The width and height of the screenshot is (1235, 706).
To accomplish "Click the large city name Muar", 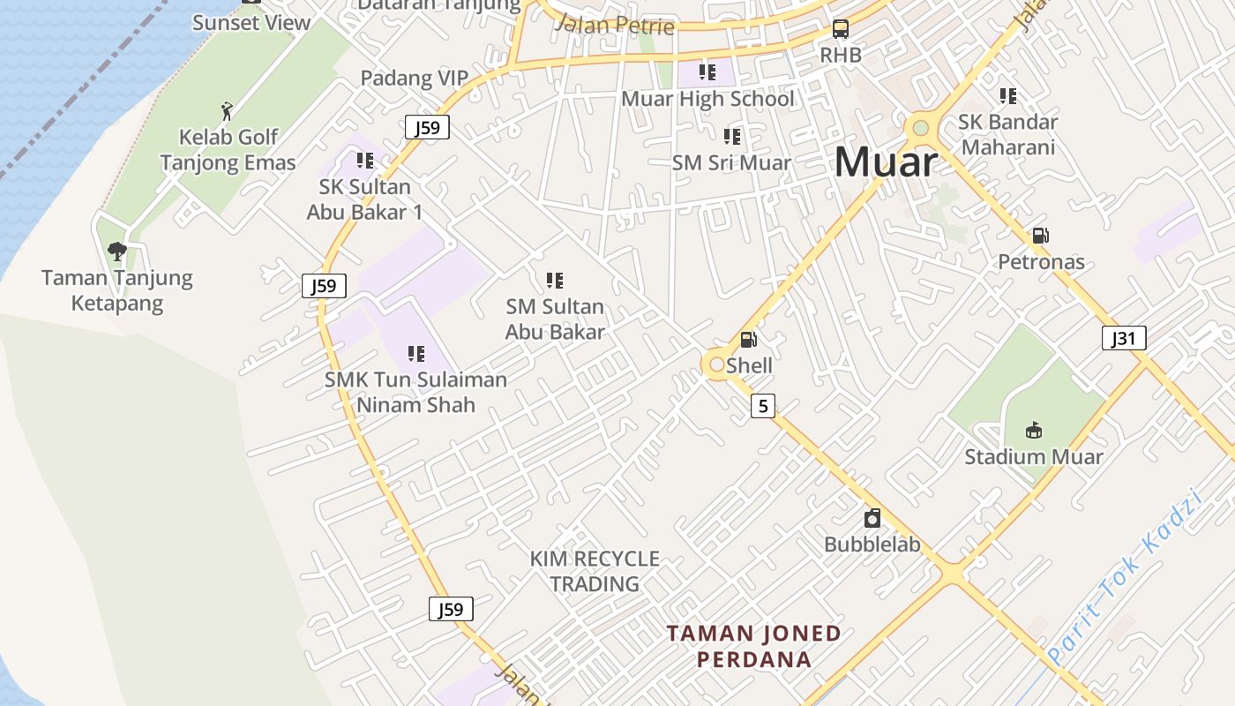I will (885, 161).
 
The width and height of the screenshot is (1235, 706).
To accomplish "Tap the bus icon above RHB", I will (841, 29).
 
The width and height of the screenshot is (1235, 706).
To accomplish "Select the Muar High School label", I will (707, 99).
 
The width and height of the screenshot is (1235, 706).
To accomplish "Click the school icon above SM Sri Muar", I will (732, 137).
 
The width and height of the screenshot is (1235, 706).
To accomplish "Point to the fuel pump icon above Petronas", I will (1041, 236).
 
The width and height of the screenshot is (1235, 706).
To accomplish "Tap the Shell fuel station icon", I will (748, 340).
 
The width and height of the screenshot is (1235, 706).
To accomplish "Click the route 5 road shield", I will (763, 406).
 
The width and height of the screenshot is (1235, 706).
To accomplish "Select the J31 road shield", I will (1124, 337).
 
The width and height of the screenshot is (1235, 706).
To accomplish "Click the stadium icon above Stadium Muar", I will (1034, 431).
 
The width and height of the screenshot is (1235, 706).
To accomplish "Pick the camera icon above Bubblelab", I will (872, 518).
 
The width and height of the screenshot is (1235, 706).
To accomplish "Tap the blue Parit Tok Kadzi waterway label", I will (1126, 578).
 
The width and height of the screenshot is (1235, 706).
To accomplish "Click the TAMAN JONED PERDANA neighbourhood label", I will (753, 646).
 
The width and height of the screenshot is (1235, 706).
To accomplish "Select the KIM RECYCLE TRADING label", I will (595, 571).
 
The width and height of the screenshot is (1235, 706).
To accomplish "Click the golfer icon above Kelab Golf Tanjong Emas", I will (228, 111).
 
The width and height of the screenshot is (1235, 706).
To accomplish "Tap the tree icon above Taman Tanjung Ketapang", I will (117, 252).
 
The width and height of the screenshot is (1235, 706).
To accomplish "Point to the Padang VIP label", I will (414, 79).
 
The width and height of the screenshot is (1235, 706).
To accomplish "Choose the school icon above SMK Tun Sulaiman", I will (416, 354).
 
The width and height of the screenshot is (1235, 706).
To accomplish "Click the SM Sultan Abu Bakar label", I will (555, 319).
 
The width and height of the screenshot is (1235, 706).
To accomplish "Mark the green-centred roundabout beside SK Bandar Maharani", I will (921, 129).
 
